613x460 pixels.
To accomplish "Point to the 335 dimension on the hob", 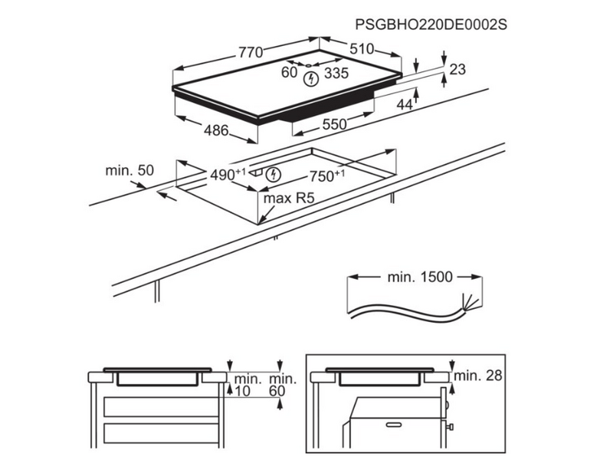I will point(336,74).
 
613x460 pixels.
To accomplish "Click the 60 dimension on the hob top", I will point(289,74).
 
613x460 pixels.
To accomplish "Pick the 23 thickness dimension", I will point(457,70).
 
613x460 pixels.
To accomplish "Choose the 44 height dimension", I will point(404,103).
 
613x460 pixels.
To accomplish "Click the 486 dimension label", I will point(215,131).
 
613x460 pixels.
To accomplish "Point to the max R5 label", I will point(290,199).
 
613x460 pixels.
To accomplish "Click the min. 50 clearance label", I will point(130,170).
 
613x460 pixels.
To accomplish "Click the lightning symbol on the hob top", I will point(310,80).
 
